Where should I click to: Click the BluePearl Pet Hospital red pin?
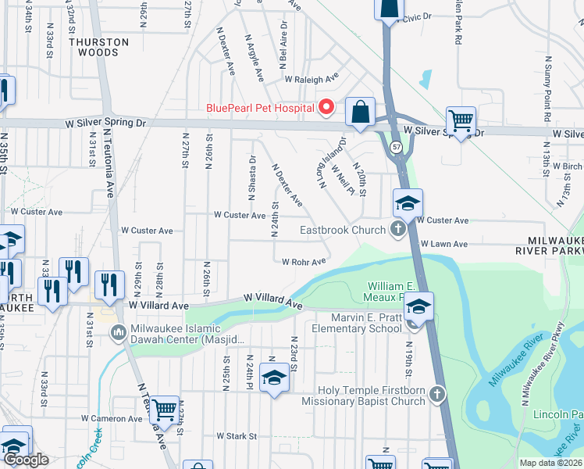click(x=327, y=108)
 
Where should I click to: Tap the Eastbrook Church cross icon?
click(x=397, y=230)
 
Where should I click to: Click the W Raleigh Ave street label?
click(x=311, y=79)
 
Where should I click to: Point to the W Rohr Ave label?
click(x=303, y=262)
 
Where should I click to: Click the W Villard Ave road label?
click(x=272, y=299)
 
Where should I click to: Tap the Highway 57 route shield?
click(x=397, y=146)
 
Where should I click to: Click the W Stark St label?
click(x=237, y=435)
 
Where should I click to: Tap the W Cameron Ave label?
click(x=114, y=418)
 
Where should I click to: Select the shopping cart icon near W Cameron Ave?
click(x=164, y=407)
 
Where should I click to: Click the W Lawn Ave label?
click(x=443, y=244)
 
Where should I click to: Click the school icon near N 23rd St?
click(x=273, y=378)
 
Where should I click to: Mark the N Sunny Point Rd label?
click(x=548, y=87)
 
